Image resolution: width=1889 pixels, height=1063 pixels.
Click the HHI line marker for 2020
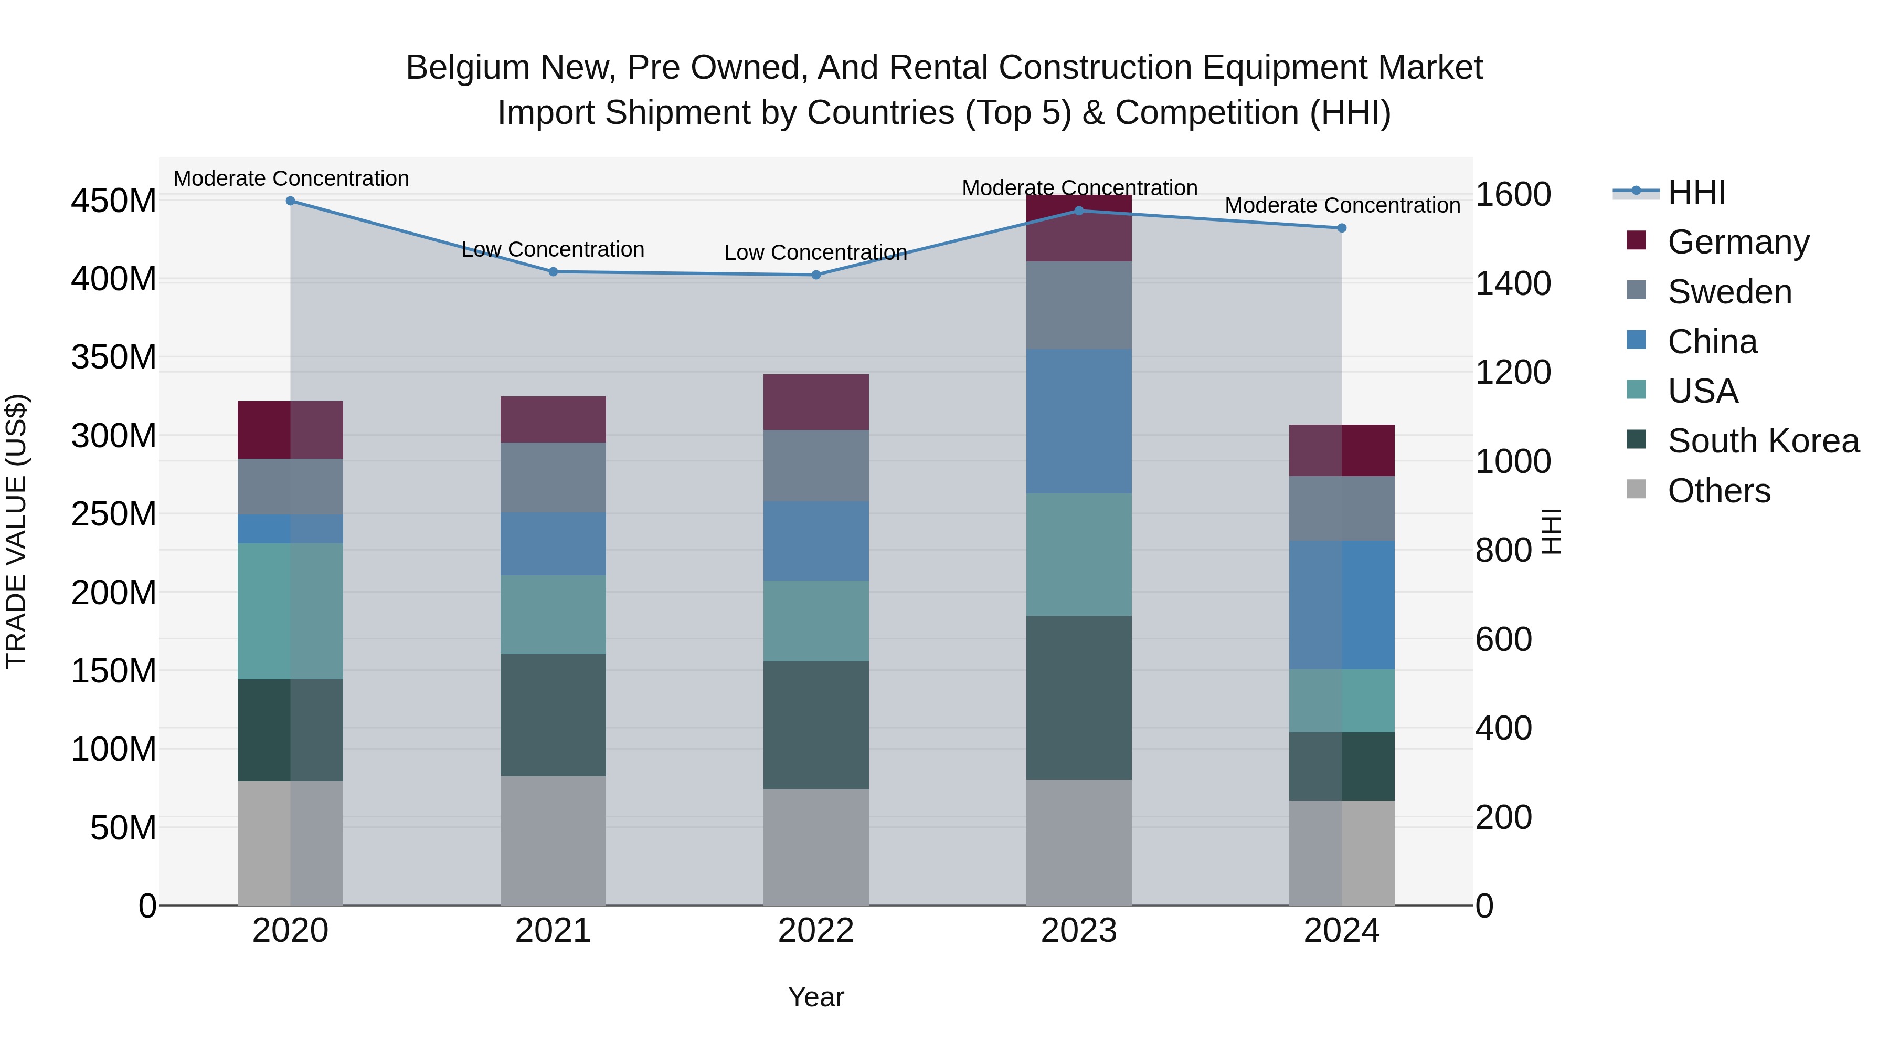290,201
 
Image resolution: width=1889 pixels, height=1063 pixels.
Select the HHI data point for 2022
816,275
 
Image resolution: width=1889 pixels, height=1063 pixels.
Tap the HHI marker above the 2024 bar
1342,228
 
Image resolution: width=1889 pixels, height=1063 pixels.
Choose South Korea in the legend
1742,441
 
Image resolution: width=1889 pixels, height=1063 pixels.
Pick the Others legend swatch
1636,489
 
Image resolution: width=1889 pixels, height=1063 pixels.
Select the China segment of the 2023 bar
1079,422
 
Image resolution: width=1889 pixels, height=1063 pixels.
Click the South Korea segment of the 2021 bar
553,715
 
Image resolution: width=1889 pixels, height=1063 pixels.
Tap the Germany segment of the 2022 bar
816,402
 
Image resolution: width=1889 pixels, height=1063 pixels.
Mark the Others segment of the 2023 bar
1079,843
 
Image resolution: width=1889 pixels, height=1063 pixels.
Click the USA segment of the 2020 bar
290,612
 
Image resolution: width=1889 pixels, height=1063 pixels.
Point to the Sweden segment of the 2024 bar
1342,509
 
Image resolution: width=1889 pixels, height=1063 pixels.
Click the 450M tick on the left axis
114,201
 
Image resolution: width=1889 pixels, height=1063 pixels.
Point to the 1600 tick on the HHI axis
1513,194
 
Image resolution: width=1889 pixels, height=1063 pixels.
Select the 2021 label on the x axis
553,931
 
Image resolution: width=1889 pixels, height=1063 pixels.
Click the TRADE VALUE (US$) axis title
16,531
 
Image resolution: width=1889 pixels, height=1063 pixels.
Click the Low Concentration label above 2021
553,249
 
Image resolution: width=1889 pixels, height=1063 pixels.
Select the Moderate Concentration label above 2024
1343,205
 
